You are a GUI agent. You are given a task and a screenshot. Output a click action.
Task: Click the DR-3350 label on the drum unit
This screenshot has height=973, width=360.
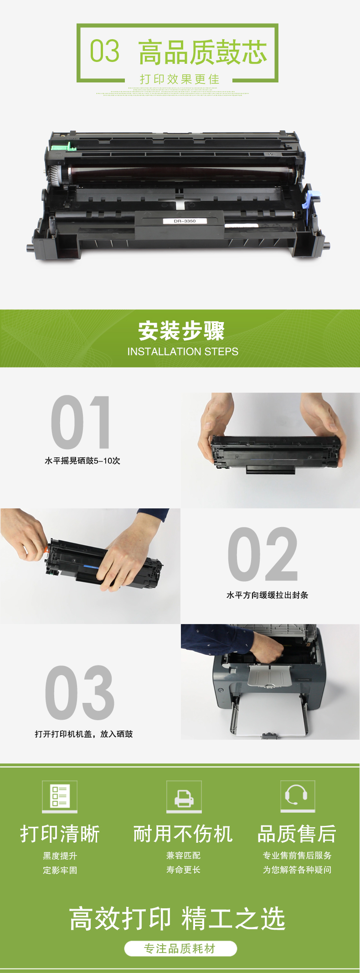click(x=185, y=221)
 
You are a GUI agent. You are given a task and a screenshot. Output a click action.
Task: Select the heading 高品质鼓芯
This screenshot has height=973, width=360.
click(x=202, y=52)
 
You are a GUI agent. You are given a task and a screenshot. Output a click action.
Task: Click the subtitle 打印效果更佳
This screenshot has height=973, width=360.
click(x=180, y=79)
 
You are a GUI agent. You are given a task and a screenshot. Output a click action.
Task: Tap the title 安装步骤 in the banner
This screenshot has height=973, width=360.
click(x=181, y=331)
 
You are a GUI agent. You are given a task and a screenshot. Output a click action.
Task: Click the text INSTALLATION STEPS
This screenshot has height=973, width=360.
click(x=183, y=352)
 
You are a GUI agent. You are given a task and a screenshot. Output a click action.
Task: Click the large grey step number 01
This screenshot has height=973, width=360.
click(x=81, y=422)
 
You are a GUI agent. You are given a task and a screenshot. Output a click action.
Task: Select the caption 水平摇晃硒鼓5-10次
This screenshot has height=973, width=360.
click(x=82, y=461)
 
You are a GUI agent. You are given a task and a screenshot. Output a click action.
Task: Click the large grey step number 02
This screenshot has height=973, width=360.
click(x=262, y=554)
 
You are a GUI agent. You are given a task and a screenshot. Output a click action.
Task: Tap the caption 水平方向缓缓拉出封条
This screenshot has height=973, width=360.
click(x=267, y=595)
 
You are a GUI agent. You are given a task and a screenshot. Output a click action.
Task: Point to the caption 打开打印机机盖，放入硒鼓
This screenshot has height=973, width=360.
click(x=84, y=734)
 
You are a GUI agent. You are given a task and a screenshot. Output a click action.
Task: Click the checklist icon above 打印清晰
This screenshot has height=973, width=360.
click(x=60, y=796)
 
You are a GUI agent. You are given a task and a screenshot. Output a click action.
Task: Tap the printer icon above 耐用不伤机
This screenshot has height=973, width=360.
click(x=184, y=796)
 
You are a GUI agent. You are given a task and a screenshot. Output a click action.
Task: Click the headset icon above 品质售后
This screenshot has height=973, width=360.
click(x=298, y=796)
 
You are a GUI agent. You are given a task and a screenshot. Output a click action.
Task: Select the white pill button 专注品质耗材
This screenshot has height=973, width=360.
click(x=180, y=948)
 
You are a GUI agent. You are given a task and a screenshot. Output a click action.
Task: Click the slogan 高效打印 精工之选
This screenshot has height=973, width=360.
click(x=177, y=918)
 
